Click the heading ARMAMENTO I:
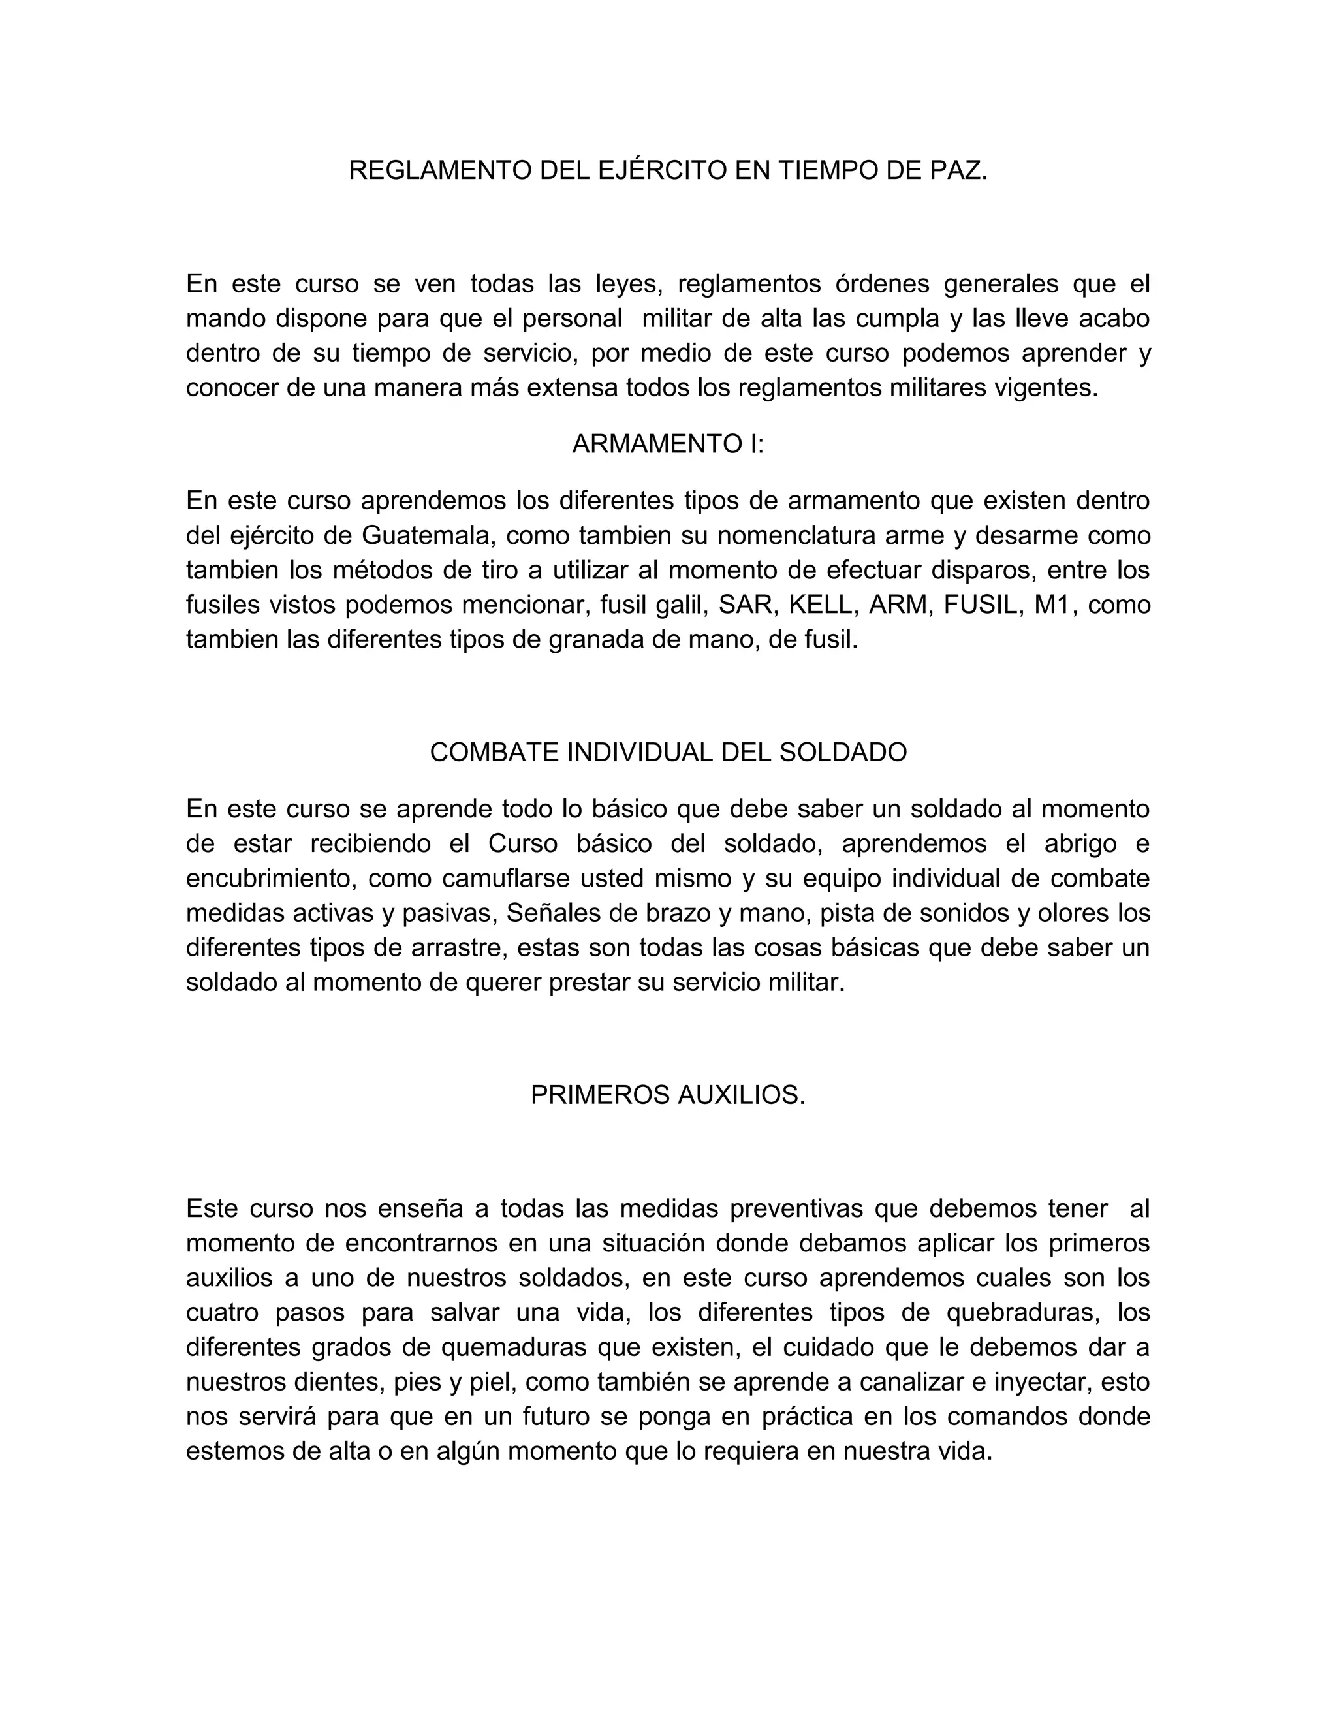pyautogui.click(x=668, y=445)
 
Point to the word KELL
pyautogui.click(x=821, y=605)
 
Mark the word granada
pyautogui.click(x=597, y=640)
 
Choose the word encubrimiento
pyautogui.click(x=270, y=879)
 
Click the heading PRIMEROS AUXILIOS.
pyautogui.click(x=668, y=1095)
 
